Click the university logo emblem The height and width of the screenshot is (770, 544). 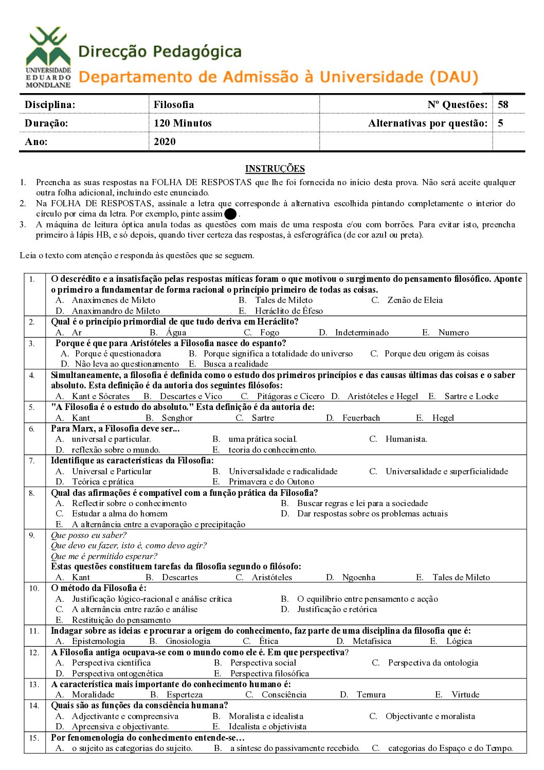48,57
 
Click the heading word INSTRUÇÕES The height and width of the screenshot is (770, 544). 275,169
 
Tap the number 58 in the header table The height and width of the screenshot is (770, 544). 503,104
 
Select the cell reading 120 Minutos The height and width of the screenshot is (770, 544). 183,123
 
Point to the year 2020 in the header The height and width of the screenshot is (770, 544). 165,141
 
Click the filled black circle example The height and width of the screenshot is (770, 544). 230,214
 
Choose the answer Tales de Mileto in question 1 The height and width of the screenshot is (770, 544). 283,300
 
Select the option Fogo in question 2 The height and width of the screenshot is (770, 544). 269,332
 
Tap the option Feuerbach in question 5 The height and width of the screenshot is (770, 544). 361,418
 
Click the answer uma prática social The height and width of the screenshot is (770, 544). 263,439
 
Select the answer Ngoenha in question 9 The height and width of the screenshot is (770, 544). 358,577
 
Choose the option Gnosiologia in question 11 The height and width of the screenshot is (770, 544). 188,641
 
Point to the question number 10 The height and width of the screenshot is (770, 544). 33,588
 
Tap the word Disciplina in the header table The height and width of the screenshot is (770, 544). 50,104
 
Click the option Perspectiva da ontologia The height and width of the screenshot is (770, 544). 433,662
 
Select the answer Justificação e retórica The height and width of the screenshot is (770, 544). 337,609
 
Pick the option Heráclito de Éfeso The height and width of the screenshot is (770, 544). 288,311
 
